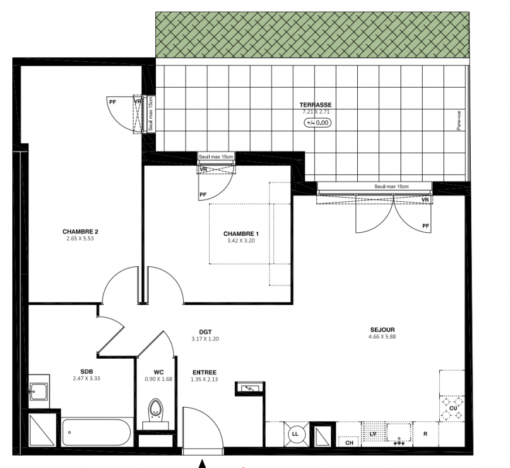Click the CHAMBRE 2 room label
pyautogui.click(x=80, y=232)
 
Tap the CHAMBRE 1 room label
pyautogui.click(x=241, y=233)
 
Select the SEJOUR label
pyautogui.click(x=382, y=330)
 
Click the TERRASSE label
pyautogui.click(x=316, y=105)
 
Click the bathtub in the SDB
pyautogui.click(x=96, y=432)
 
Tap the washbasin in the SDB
pyautogui.click(x=39, y=391)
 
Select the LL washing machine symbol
pyautogui.click(x=295, y=434)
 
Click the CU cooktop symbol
pyautogui.click(x=453, y=408)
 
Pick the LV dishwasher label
pyautogui.click(x=373, y=434)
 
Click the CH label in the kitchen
pyautogui.click(x=349, y=443)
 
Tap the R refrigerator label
pyautogui.click(x=425, y=434)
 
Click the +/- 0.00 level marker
pyautogui.click(x=317, y=123)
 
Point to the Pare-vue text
pyautogui.click(x=459, y=121)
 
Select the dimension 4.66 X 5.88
pyautogui.click(x=382, y=337)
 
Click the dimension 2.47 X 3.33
pyautogui.click(x=87, y=378)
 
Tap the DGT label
pyautogui.click(x=206, y=332)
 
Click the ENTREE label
pyautogui.click(x=204, y=373)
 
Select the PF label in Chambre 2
pyautogui.click(x=112, y=102)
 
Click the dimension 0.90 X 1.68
pyautogui.click(x=159, y=379)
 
